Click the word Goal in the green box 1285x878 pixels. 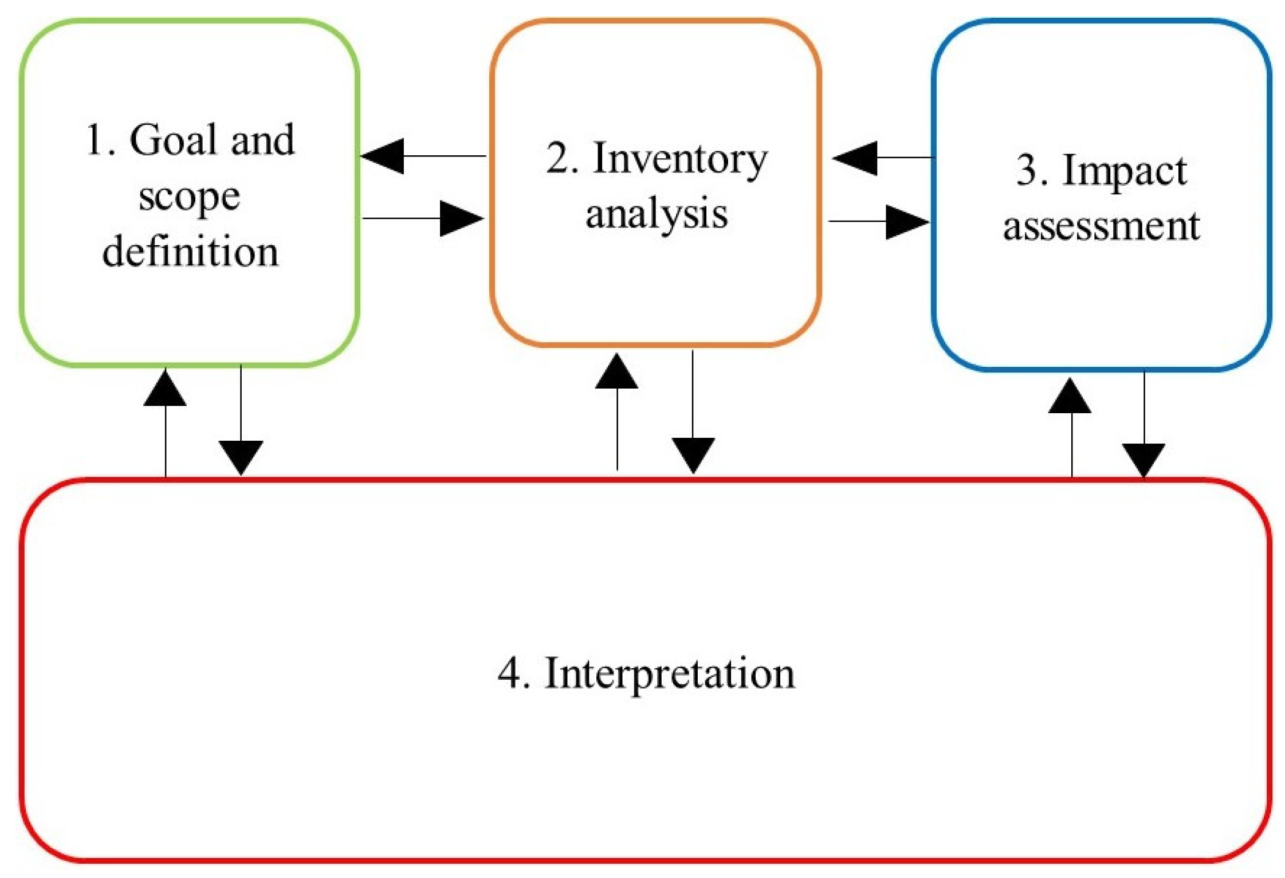pos(175,140)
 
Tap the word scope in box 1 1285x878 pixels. pos(189,198)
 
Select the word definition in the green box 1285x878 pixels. pos(190,252)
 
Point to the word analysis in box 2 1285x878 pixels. pos(657,214)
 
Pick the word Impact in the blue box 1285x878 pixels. pos(1124,171)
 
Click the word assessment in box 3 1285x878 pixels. pos(1101,226)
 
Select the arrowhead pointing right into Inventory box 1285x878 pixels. pos(462,218)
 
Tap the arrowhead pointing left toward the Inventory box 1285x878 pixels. pos(855,158)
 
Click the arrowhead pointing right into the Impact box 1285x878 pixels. pos(907,222)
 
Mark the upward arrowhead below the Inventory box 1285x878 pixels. pos(616,372)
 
